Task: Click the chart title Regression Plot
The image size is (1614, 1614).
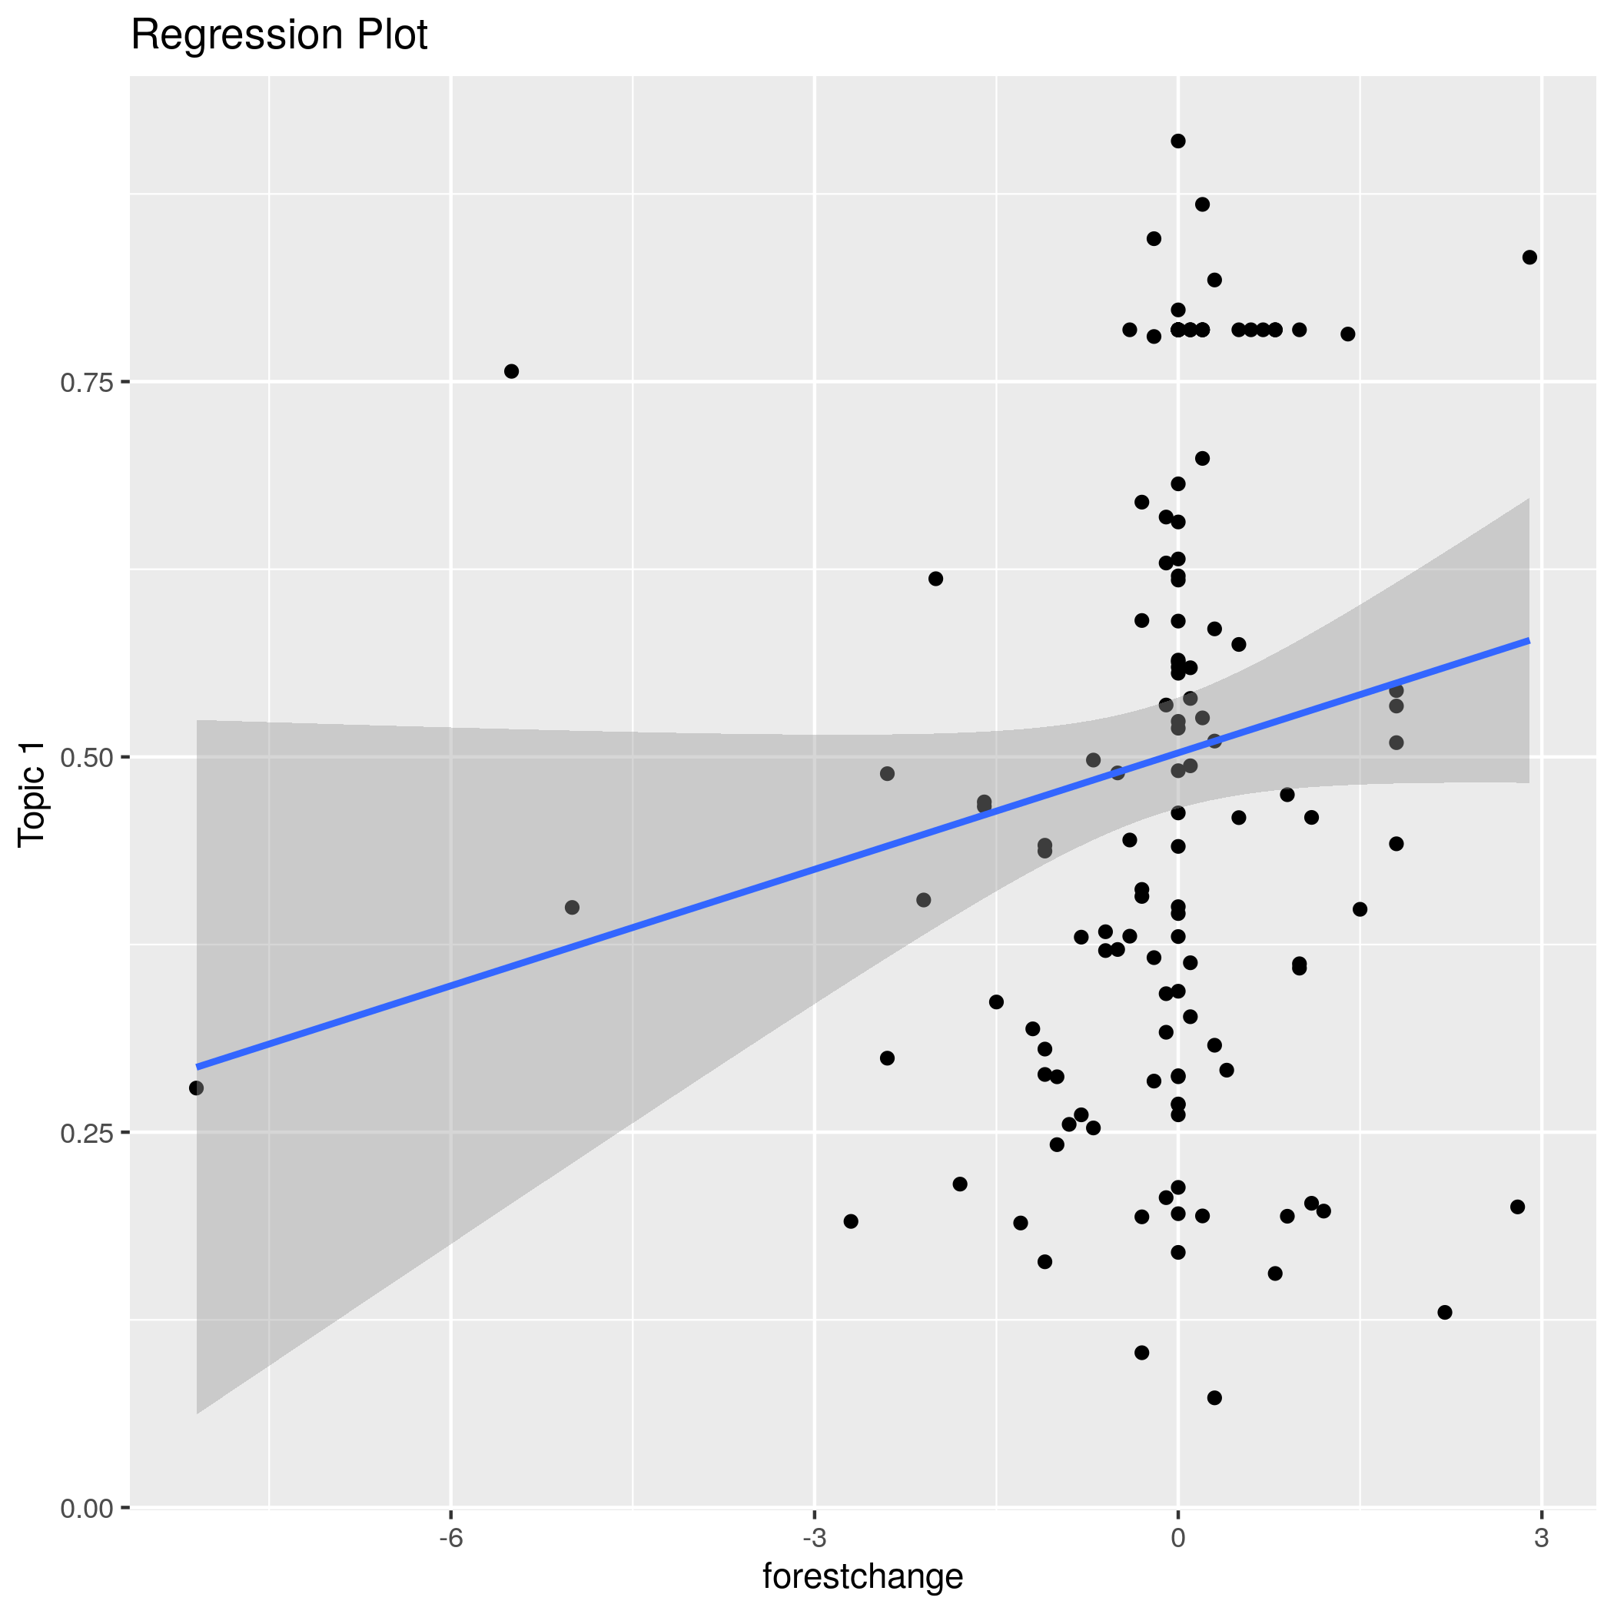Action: [279, 37]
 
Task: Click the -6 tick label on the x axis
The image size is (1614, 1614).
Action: [450, 1538]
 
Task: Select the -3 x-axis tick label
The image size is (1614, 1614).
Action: [814, 1538]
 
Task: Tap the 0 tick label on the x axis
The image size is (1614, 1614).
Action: [1178, 1538]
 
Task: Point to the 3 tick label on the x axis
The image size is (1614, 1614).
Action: [1541, 1538]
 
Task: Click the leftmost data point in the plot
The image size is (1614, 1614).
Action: [196, 1088]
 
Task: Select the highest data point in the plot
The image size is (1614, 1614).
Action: [1178, 141]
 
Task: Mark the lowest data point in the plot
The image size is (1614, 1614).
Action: [1214, 1397]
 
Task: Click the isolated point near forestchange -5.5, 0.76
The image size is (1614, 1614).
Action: [511, 371]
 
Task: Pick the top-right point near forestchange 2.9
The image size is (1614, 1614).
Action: [1529, 257]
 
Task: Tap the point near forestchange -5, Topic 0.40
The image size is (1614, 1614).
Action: [573, 907]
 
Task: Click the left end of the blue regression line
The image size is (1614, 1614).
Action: [198, 1067]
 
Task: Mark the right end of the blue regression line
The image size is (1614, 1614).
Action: [1528, 640]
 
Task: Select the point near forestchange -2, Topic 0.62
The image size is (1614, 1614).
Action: [935, 579]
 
